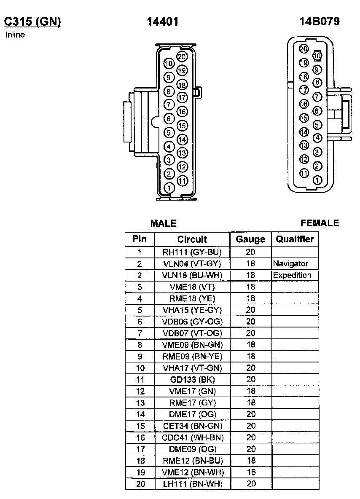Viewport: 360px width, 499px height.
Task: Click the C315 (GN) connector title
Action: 32,21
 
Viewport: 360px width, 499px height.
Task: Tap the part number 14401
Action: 163,22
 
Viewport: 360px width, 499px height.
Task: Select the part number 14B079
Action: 319,21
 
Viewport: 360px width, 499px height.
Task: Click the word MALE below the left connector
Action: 164,223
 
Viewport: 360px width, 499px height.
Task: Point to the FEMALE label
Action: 320,223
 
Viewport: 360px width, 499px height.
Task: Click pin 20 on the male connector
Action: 182,56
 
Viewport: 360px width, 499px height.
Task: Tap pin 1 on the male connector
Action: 169,188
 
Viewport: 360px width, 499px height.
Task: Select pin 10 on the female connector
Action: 317,56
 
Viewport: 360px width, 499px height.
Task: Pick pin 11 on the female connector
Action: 304,173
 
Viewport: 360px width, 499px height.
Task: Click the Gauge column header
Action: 250,239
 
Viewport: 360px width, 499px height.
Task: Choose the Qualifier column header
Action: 295,239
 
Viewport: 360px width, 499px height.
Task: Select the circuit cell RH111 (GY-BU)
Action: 192,252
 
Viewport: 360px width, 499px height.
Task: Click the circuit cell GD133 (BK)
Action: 192,380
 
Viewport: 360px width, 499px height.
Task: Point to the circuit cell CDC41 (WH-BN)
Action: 192,437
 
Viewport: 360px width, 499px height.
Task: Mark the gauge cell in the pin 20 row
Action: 251,484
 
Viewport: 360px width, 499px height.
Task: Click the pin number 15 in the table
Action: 140,426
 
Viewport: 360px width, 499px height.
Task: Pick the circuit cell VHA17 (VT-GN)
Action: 192,368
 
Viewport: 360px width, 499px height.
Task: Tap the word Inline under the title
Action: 15,35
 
